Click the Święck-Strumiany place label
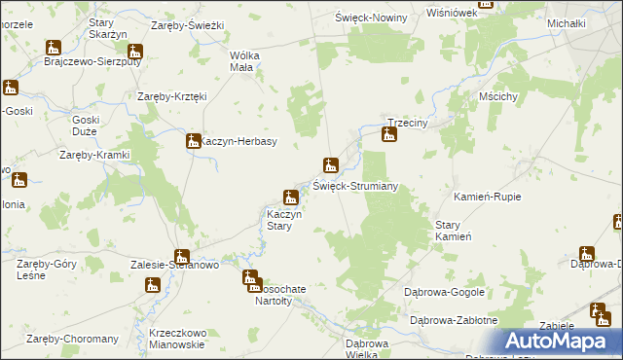[354, 186]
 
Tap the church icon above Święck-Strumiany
[331, 164]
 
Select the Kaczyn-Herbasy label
[239, 142]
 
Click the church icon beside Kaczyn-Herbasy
[193, 142]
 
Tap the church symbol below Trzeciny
[389, 134]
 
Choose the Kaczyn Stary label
[286, 221]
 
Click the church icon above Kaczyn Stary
[290, 198]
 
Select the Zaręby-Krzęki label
[172, 96]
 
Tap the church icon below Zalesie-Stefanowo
[153, 285]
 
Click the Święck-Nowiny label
[370, 18]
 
